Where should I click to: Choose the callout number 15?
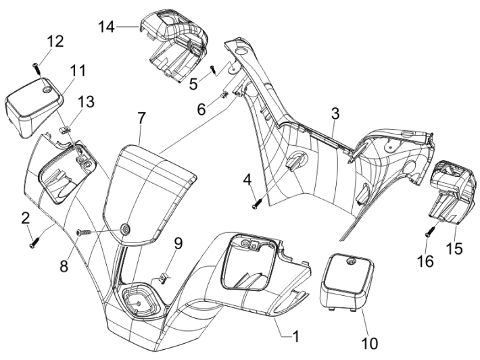[454, 249]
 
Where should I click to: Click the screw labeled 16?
[429, 232]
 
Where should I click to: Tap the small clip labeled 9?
[164, 276]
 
